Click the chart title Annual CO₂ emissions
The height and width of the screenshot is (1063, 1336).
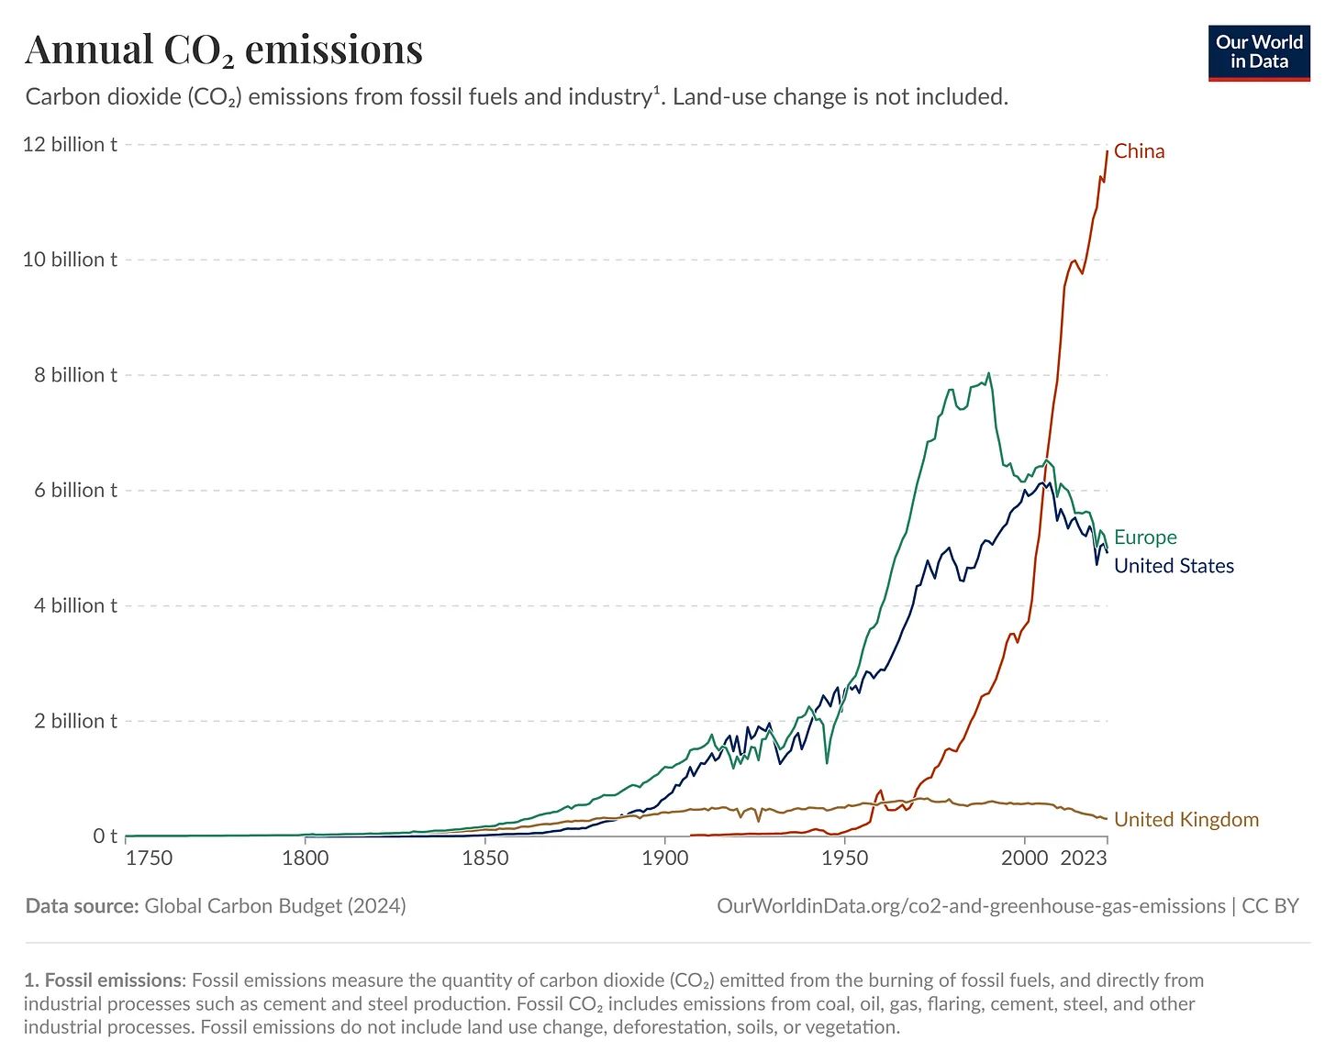pyautogui.click(x=224, y=50)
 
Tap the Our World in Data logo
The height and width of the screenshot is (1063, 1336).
pyautogui.click(x=1259, y=52)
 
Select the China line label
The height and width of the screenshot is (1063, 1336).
pyautogui.click(x=1139, y=151)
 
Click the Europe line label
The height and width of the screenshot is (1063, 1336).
pyautogui.click(x=1145, y=537)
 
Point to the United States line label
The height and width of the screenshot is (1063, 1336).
pyautogui.click(x=1174, y=566)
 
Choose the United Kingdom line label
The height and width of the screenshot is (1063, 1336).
pyautogui.click(x=1186, y=820)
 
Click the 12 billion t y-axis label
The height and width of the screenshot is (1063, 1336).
pyautogui.click(x=70, y=145)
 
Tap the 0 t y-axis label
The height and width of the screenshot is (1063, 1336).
pyautogui.click(x=105, y=836)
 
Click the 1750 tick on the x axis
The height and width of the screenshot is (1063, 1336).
pyautogui.click(x=149, y=858)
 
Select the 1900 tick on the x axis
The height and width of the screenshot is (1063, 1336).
pyautogui.click(x=664, y=858)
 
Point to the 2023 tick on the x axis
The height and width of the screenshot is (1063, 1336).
pyautogui.click(x=1084, y=858)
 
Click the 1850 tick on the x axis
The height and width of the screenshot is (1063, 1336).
pyautogui.click(x=484, y=858)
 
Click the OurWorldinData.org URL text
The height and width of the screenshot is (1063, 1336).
pyautogui.click(x=971, y=906)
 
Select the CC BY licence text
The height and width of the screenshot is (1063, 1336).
pyautogui.click(x=1271, y=906)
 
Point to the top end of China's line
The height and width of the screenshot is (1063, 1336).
pyautogui.click(x=1108, y=149)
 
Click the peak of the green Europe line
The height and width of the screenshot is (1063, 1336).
pyautogui.click(x=988, y=373)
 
